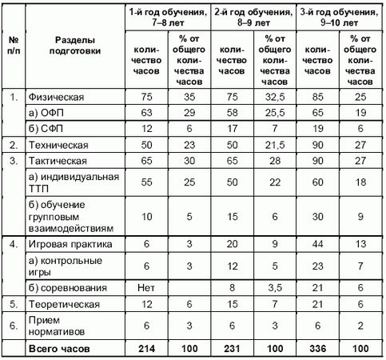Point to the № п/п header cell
click(14, 46)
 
